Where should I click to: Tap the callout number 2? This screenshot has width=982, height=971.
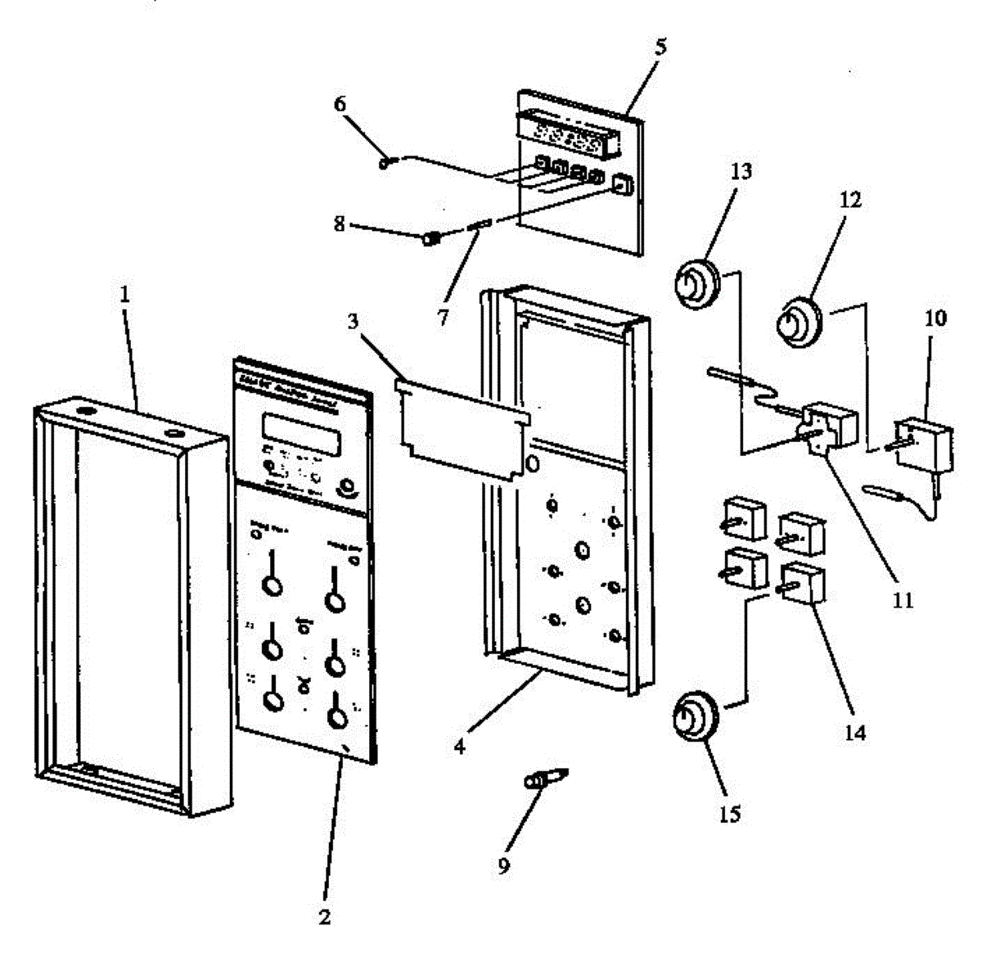324,919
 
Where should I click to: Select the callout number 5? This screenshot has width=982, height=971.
660,46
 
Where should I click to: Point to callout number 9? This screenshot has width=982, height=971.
503,865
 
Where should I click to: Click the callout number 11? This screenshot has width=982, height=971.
902,600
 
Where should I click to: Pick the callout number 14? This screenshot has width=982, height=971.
854,733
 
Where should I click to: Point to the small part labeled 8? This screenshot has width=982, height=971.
430,238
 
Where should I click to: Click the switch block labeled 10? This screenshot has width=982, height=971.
923,442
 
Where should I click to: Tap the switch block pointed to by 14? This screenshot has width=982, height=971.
802,582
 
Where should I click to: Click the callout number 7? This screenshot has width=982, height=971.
443,318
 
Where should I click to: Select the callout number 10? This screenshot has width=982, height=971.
936,317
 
